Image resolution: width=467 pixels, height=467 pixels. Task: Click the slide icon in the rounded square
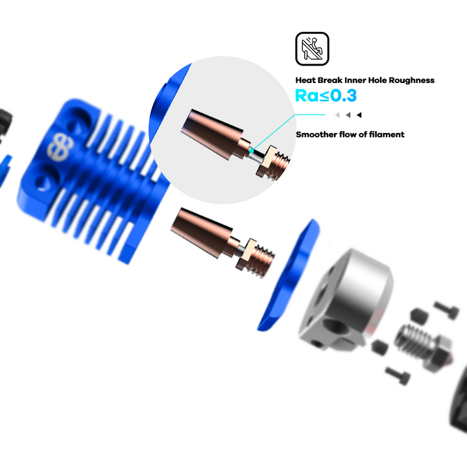coord(312,49)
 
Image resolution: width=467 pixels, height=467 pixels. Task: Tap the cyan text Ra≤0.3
coord(326,95)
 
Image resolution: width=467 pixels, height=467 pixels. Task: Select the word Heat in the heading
coord(305,80)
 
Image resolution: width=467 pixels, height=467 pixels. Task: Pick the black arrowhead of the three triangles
coord(359,115)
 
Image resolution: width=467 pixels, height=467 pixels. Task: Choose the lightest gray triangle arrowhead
coord(337,115)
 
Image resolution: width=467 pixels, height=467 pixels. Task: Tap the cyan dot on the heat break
coord(252,151)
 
